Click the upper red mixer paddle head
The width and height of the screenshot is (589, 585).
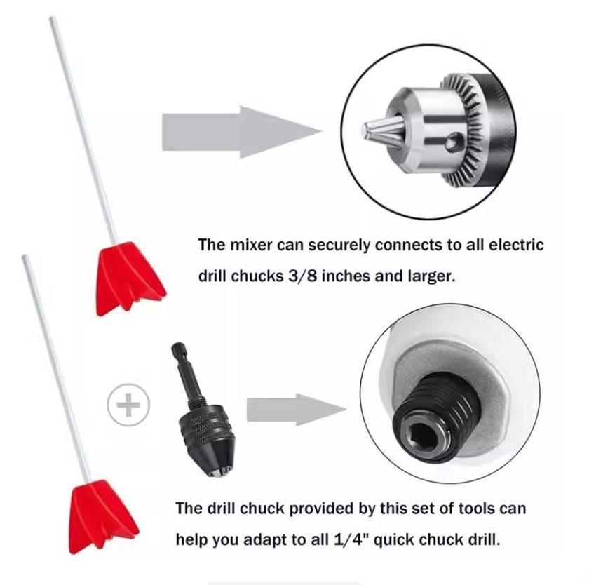tap(130, 278)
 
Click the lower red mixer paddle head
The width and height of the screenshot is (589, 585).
tap(103, 517)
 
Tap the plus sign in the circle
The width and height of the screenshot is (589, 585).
tap(128, 405)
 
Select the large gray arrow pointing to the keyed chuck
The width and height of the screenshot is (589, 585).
tap(241, 132)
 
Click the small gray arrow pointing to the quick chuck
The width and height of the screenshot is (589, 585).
tap(297, 410)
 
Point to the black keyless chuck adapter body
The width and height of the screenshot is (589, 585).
tap(207, 440)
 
